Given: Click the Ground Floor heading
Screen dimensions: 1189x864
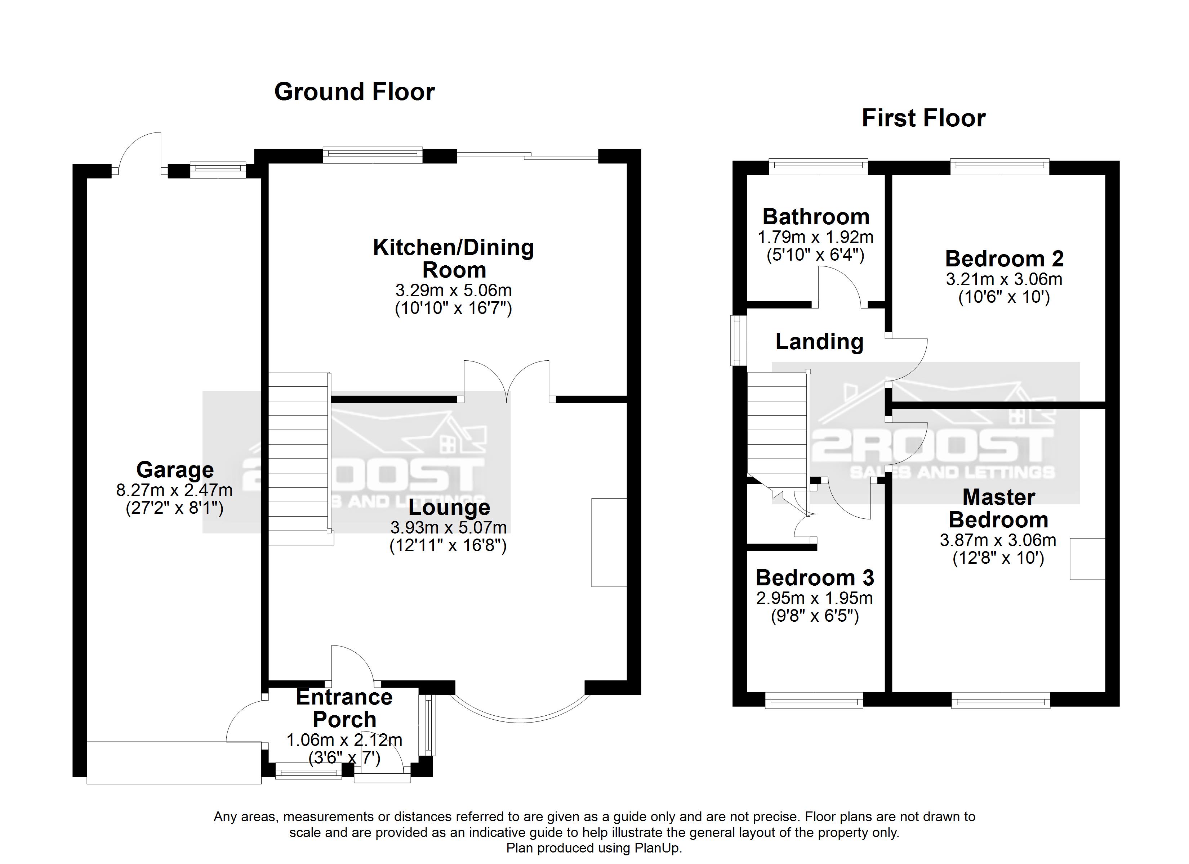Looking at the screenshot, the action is pyautogui.click(x=355, y=92).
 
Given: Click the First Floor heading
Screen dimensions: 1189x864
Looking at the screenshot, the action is pyautogui.click(x=924, y=118).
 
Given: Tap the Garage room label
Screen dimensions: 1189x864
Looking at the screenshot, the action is pyautogui.click(x=175, y=469).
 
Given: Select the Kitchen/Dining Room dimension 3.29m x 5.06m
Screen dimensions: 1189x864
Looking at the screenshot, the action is pyautogui.click(x=454, y=290).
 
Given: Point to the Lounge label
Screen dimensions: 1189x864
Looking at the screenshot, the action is pyautogui.click(x=449, y=507).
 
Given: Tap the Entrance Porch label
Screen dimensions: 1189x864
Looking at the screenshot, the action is pyautogui.click(x=344, y=708).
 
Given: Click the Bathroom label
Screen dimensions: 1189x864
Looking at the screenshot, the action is pyautogui.click(x=816, y=216).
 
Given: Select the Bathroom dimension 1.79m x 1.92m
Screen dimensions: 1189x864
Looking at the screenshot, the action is pyautogui.click(x=816, y=237).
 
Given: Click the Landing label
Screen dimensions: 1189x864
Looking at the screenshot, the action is pyautogui.click(x=819, y=342).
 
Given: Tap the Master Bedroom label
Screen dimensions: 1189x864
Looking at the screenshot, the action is pyautogui.click(x=999, y=508).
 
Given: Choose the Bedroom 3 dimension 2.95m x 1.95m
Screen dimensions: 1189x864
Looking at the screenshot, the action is pyautogui.click(x=815, y=598).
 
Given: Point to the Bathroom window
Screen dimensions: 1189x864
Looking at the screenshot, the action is pyautogui.click(x=818, y=167).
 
